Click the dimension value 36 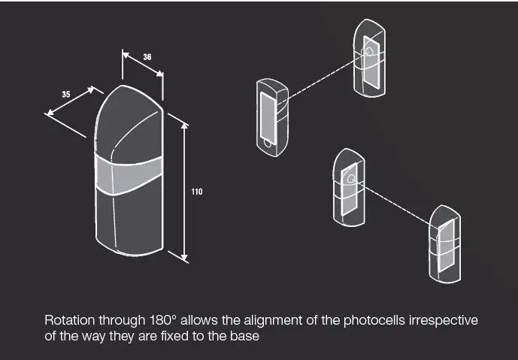tap(147, 57)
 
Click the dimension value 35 tap(66, 94)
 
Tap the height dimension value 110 tap(197, 192)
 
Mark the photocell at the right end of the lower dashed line tap(446, 245)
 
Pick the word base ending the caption tap(246, 337)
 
